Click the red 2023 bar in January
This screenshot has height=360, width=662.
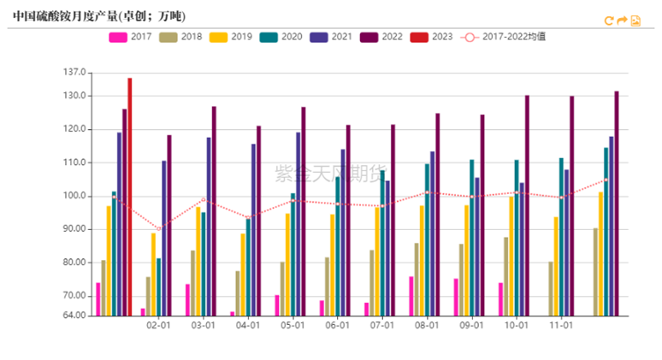(x=130, y=197)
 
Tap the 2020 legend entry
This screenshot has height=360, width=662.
(x=281, y=37)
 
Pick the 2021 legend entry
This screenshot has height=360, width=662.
(x=330, y=37)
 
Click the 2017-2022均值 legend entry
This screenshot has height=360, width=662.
(x=505, y=37)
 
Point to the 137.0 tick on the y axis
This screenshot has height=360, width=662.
(x=75, y=73)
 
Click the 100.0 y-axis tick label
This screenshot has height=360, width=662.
(x=75, y=196)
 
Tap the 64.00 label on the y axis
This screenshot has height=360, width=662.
(x=75, y=316)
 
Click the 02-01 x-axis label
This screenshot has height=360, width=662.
(x=158, y=326)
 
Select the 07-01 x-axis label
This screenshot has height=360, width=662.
(x=381, y=326)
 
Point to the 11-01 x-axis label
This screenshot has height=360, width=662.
(x=560, y=326)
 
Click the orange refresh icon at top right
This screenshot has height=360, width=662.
(x=609, y=21)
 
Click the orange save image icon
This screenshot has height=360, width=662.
(x=635, y=21)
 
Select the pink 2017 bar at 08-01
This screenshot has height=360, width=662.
(x=411, y=296)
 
